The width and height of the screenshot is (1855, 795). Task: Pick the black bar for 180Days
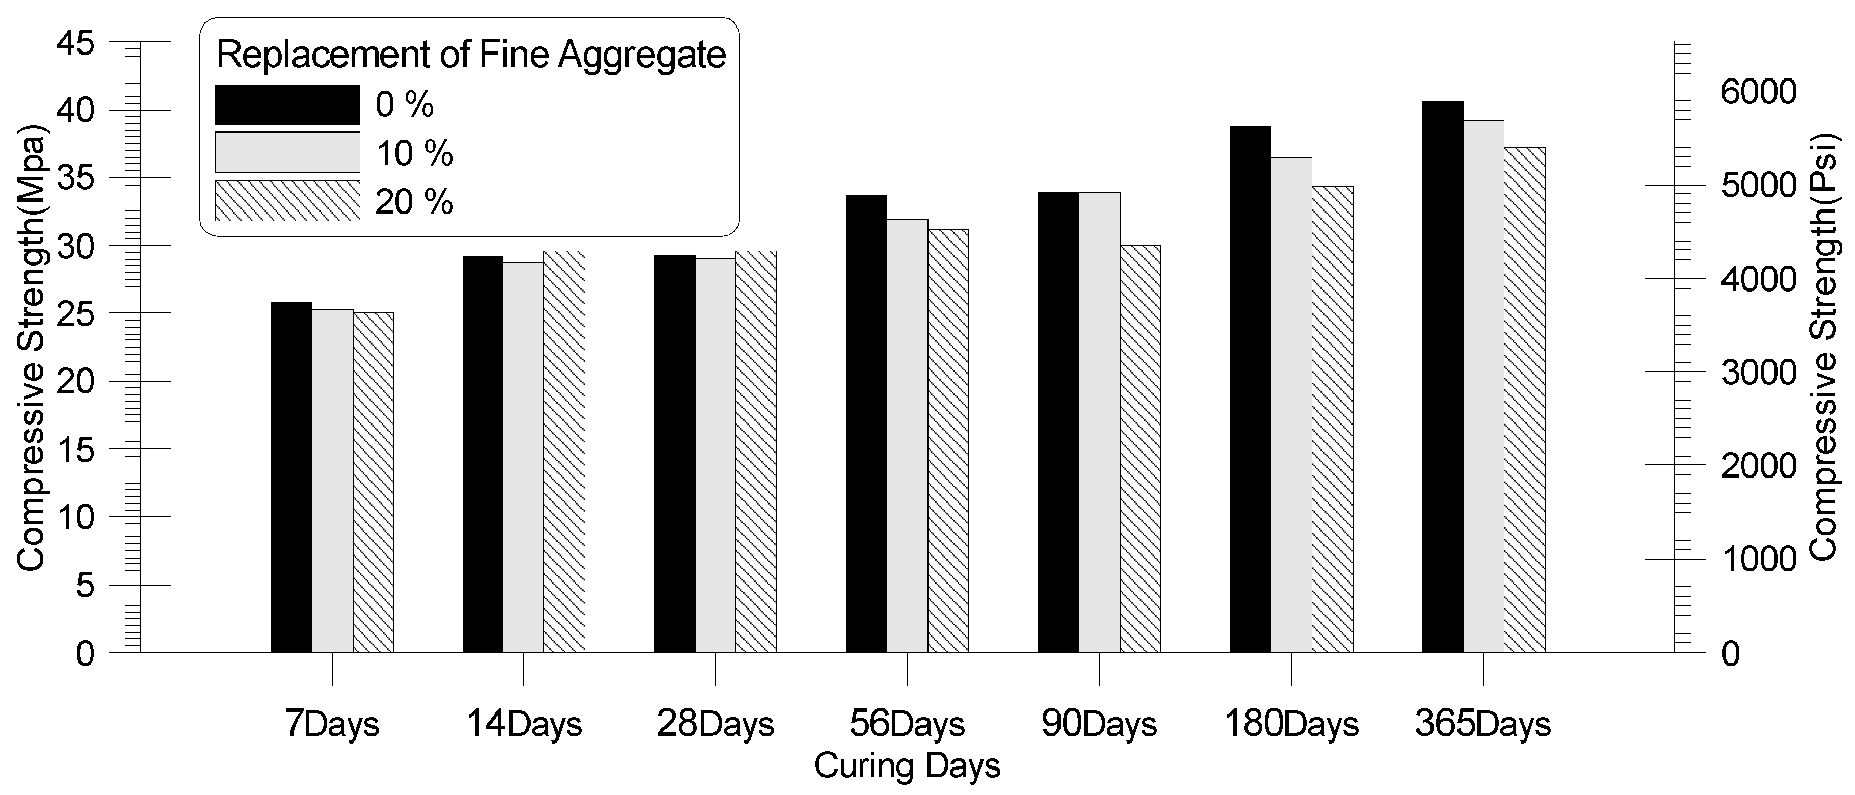(1250, 389)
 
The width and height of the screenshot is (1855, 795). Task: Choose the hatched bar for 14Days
(564, 452)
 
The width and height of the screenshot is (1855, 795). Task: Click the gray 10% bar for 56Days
(907, 436)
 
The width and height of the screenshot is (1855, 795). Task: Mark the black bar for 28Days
(674, 454)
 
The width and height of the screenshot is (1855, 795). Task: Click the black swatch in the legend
(287, 105)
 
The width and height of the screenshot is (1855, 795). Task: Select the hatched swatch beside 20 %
(287, 201)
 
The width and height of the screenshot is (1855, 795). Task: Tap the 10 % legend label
(414, 153)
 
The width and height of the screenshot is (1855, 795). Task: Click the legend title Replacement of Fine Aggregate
(471, 56)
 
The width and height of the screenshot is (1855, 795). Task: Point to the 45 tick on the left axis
(75, 43)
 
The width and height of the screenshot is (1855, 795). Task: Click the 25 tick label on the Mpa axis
(75, 314)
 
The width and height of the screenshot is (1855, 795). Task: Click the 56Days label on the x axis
(907, 724)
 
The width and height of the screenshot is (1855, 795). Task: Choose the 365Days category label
(1482, 724)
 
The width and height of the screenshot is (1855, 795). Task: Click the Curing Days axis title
(907, 765)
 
